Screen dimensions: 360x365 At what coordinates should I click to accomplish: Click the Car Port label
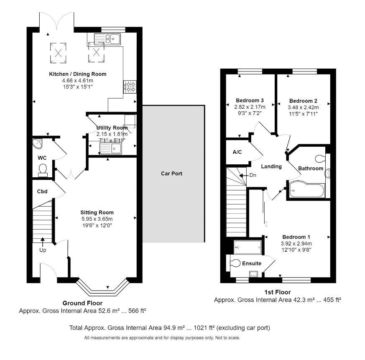[x=171, y=174]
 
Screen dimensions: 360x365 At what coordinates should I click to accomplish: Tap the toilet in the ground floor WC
[x=43, y=169]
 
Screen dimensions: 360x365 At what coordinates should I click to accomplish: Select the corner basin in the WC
[x=38, y=144]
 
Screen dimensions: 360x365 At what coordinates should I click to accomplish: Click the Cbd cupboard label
[x=42, y=192]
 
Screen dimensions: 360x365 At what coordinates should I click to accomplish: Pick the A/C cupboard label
[x=237, y=152]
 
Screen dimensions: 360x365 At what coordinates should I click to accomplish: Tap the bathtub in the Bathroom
[x=305, y=190]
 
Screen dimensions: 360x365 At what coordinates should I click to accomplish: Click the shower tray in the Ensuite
[x=248, y=247]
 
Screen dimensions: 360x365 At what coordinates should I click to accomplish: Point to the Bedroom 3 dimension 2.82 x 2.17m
[x=250, y=107]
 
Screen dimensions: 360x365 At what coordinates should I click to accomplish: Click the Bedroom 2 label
[x=303, y=101]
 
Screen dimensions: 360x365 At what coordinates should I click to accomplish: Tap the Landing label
[x=271, y=166]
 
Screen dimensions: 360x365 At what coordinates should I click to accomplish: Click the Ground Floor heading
[x=82, y=303]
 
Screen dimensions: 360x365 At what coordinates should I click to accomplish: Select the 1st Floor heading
[x=278, y=292]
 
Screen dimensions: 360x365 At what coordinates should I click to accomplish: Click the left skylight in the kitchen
[x=58, y=52]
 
